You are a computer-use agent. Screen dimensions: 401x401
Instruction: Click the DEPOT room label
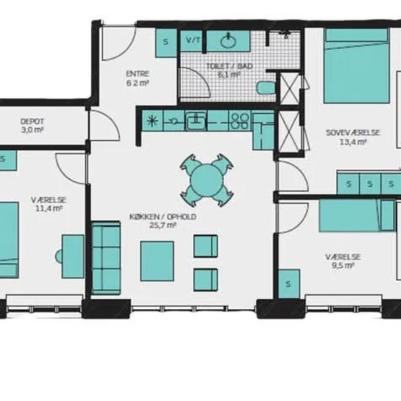click(x=32, y=121)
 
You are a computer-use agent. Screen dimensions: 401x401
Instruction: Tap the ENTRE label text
click(x=138, y=74)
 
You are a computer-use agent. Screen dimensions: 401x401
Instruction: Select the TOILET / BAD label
click(x=230, y=66)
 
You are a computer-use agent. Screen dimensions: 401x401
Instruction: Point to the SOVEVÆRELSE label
click(x=353, y=133)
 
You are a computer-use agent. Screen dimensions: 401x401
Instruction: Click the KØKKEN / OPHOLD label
click(x=163, y=217)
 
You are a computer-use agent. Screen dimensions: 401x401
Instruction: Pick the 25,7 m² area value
click(x=163, y=225)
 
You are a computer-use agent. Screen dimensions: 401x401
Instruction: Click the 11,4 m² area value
click(x=49, y=209)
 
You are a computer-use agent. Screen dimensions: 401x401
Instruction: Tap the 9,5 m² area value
click(x=343, y=265)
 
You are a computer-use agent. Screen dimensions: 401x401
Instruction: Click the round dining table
click(x=206, y=180)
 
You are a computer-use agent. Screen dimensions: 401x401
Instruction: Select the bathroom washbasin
click(x=228, y=41)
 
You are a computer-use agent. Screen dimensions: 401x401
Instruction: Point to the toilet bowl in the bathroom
click(x=266, y=87)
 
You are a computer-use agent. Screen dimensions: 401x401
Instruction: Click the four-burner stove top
click(x=240, y=120)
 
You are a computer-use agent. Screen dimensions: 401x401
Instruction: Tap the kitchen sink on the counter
click(x=195, y=120)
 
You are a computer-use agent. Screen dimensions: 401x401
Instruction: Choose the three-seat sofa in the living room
click(x=106, y=258)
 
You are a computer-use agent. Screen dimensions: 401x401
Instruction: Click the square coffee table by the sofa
click(x=157, y=261)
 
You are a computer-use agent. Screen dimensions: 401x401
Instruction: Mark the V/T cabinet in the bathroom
click(x=192, y=40)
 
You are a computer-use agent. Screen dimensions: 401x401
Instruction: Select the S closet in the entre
click(x=166, y=42)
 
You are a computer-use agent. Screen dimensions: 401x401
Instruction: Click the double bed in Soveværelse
click(x=357, y=66)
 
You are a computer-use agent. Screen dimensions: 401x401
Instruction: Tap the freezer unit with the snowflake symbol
click(x=152, y=120)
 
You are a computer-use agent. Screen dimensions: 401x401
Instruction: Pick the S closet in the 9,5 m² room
click(x=289, y=284)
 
